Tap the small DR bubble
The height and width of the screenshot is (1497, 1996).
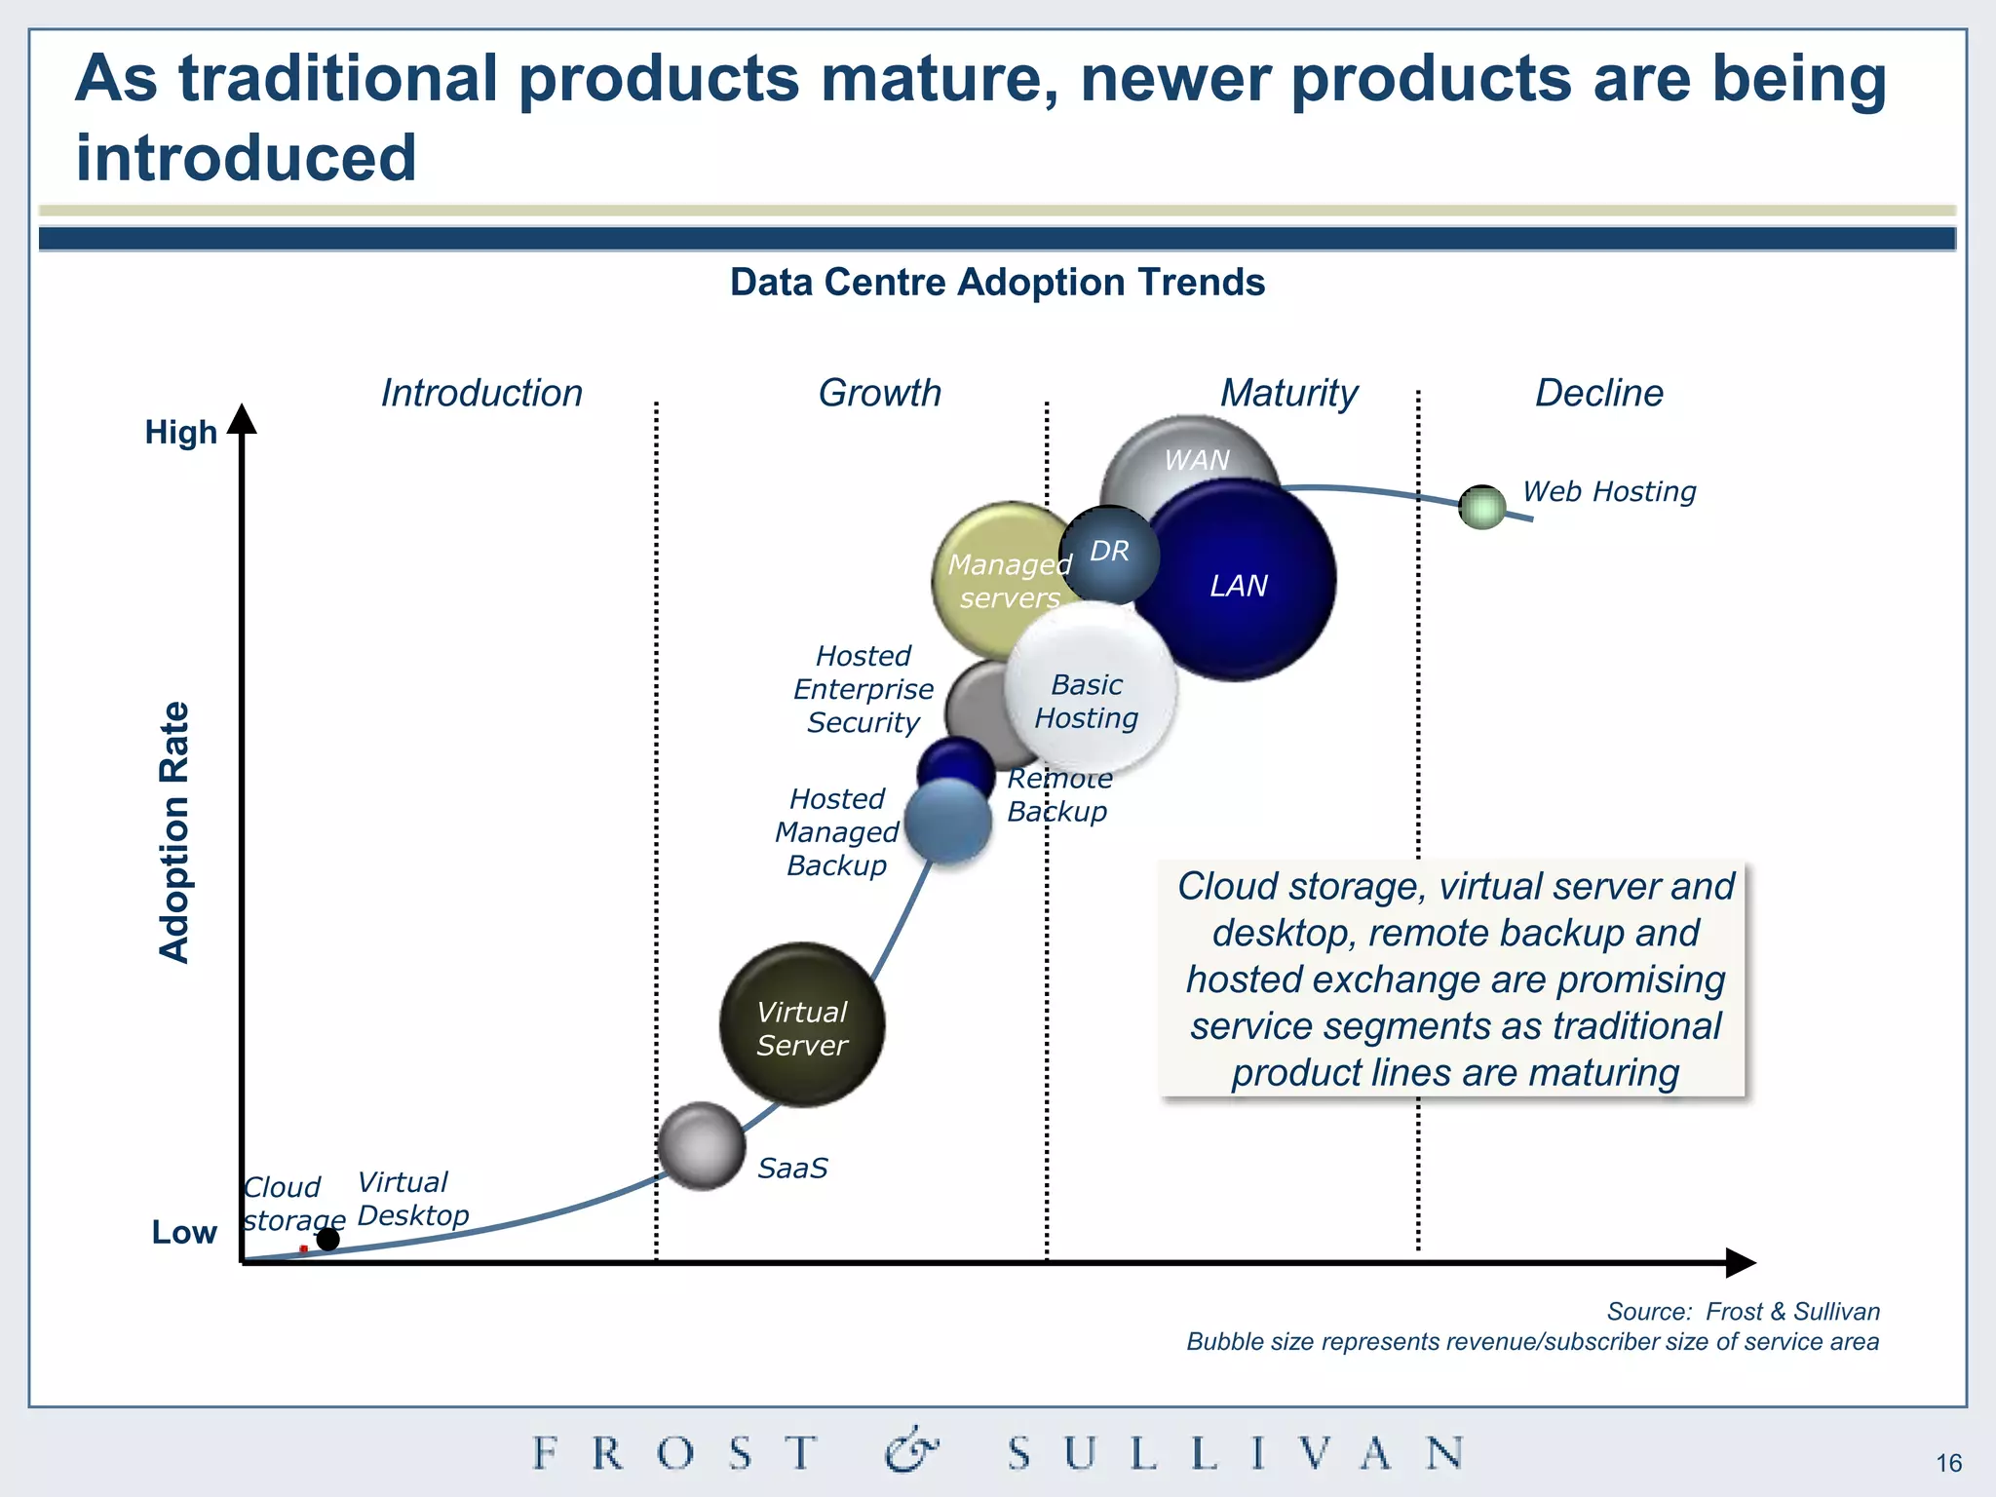point(1109,553)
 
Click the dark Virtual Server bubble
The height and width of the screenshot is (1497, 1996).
point(802,1025)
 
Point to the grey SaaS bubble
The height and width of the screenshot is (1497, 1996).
point(701,1146)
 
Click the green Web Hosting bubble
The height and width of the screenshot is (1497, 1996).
point(1482,507)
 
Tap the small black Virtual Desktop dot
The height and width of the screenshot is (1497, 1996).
point(328,1239)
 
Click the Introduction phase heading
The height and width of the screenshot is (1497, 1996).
point(481,393)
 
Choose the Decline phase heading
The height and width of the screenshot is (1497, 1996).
point(1598,393)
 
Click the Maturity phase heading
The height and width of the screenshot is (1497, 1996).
point(1288,393)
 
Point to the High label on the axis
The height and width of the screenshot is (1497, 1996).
point(180,432)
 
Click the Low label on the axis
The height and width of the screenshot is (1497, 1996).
point(184,1232)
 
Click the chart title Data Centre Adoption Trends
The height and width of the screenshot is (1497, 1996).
point(997,282)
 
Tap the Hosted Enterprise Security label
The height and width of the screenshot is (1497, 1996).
point(864,689)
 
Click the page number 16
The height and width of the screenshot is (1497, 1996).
point(1948,1463)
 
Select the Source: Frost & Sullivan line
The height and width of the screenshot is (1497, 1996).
point(1743,1311)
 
